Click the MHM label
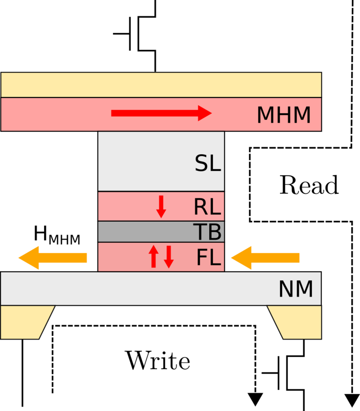tap(283, 116)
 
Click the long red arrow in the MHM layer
tap(161, 113)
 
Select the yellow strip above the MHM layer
tap(161, 85)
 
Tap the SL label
tap(207, 164)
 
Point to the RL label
tap(207, 207)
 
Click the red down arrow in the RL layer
tap(161, 206)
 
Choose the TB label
tap(207, 232)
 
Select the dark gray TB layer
tap(144, 232)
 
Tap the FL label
tap(208, 258)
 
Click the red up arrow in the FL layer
tap(153, 256)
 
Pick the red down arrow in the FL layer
tap(169, 257)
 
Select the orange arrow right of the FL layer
tap(265, 258)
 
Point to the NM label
tap(296, 290)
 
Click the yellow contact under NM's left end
tap(25, 322)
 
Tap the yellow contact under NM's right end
tap(297, 322)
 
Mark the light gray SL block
tap(144, 161)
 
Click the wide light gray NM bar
tap(135, 289)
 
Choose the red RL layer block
tap(126, 206)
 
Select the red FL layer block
tap(121, 257)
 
